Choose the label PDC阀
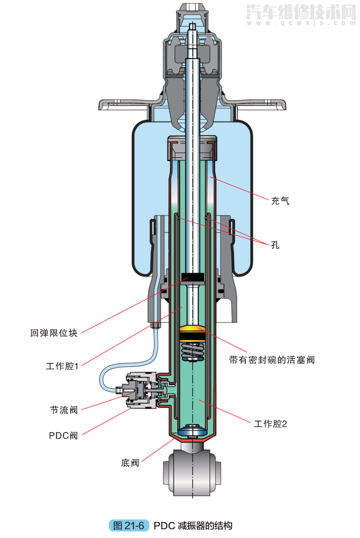63,435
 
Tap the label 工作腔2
270,424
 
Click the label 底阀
130,463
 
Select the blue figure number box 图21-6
128,525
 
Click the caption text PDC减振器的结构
193,525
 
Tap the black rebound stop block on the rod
193,279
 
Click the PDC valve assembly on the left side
140,389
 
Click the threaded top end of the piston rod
193,29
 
